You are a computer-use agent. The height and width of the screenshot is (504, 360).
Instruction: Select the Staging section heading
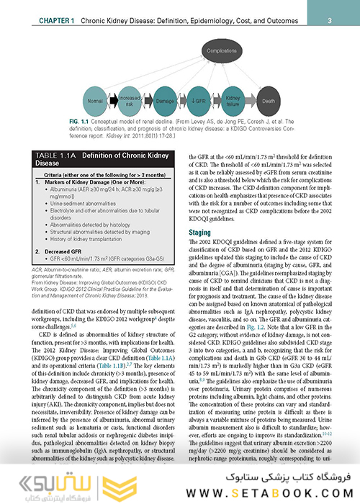(x=199, y=233)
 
